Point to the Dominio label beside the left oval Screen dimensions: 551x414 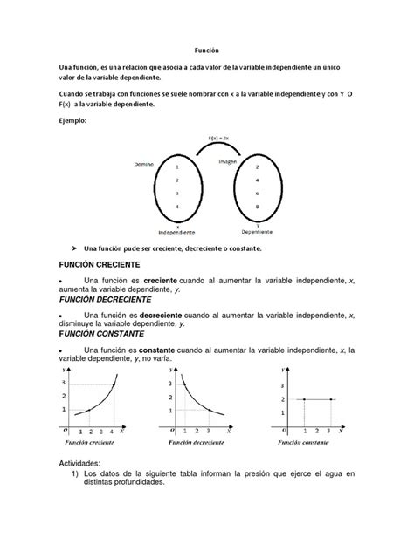click(x=143, y=163)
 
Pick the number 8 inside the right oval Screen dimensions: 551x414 click(x=256, y=207)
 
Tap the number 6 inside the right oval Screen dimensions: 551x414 click(x=256, y=194)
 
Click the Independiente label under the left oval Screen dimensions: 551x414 click(x=176, y=233)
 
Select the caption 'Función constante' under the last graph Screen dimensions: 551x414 click(x=307, y=442)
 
